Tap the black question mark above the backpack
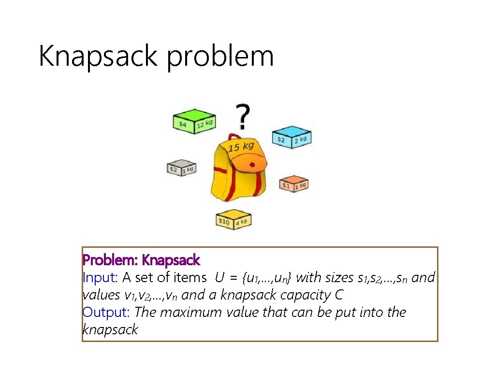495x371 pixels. [x=243, y=116]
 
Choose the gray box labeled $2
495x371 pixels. [x=182, y=168]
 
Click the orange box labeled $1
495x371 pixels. [x=293, y=183]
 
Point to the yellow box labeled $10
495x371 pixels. [x=234, y=220]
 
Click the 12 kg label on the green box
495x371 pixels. [x=204, y=125]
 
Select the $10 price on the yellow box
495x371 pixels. [x=224, y=221]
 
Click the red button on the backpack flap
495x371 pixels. [x=252, y=165]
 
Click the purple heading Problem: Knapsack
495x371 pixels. [x=141, y=260]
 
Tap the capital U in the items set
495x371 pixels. [x=220, y=278]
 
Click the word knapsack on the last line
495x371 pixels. [x=110, y=330]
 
